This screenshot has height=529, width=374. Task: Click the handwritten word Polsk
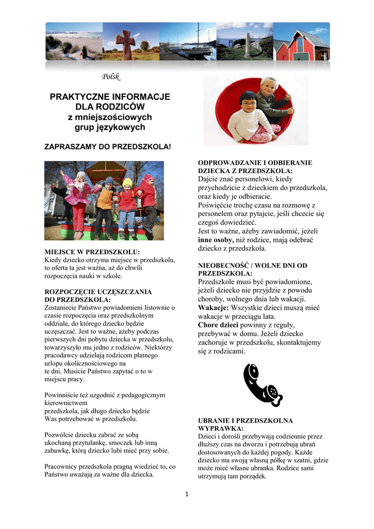pyautogui.click(x=110, y=77)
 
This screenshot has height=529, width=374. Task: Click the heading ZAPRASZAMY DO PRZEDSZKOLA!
pyautogui.click(x=107, y=147)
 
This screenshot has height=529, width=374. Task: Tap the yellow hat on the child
pyautogui.click(x=127, y=182)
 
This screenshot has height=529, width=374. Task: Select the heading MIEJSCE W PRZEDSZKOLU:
pyautogui.click(x=92, y=252)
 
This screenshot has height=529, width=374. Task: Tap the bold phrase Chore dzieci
pyautogui.click(x=218, y=325)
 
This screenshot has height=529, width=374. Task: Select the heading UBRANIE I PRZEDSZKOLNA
pyautogui.click(x=245, y=421)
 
